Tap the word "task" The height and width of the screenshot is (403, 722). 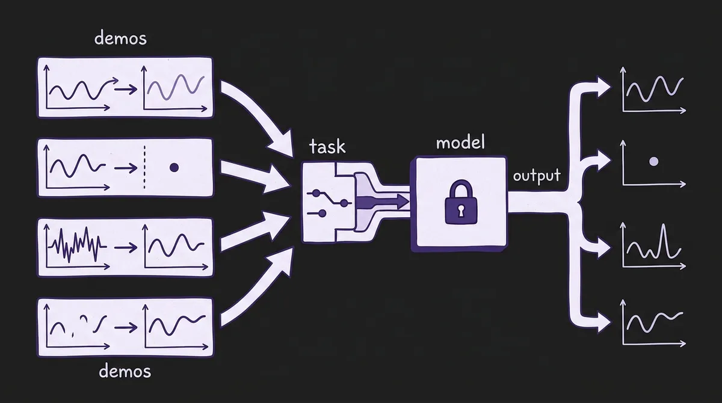pos(327,147)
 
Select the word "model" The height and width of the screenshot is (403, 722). pos(460,144)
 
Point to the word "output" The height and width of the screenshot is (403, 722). pos(537,176)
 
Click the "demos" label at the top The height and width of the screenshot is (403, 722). pos(121,39)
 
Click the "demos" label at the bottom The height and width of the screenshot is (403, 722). pos(125,371)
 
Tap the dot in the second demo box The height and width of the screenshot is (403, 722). pos(174,168)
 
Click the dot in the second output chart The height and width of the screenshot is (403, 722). pos(653,161)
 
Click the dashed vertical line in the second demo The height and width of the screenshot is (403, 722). pos(146,168)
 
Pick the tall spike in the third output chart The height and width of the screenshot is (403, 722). pos(664,239)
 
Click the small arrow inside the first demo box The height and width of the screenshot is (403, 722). pos(125,90)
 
